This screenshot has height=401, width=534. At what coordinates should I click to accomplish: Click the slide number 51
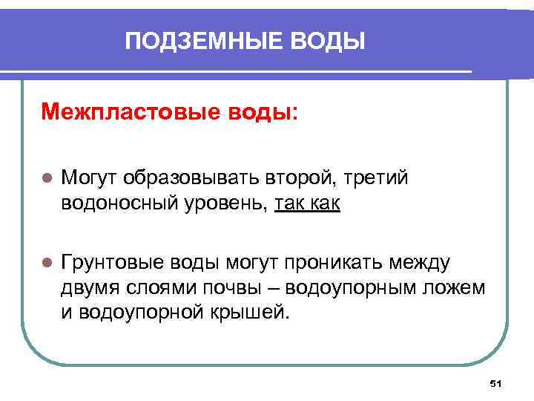496,383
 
